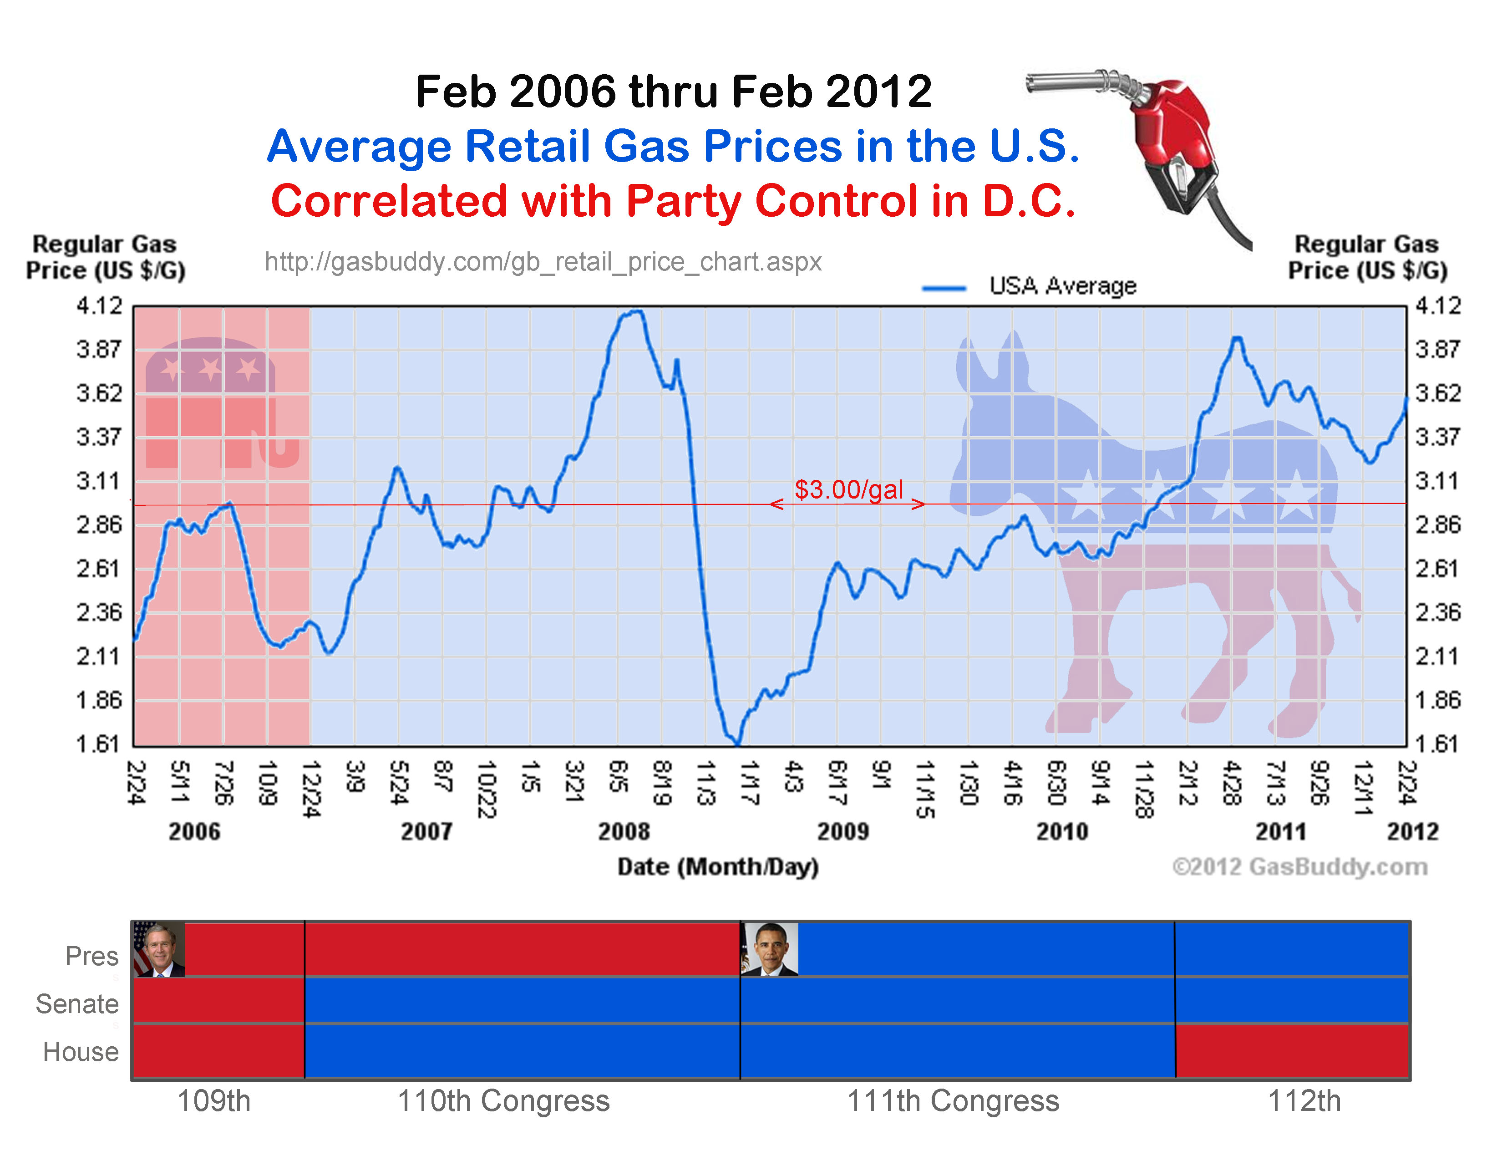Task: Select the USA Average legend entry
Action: click(1030, 286)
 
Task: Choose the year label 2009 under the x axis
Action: click(842, 831)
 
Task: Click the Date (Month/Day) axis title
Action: click(717, 866)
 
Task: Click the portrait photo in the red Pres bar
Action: click(159, 949)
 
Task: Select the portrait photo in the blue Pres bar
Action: click(770, 949)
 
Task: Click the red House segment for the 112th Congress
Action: click(1292, 1051)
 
